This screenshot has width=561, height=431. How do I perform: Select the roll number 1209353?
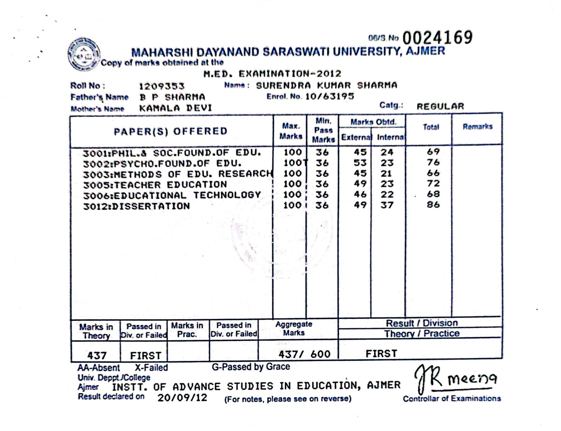point(162,86)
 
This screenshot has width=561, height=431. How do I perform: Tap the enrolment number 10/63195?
point(330,97)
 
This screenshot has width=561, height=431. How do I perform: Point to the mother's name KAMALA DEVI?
point(176,108)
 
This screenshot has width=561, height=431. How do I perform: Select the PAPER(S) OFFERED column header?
point(171,131)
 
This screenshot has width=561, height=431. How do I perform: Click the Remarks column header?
point(477,126)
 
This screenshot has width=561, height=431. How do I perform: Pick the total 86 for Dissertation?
point(433,205)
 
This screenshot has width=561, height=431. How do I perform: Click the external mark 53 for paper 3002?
point(360,163)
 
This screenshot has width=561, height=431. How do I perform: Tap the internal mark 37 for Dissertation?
point(387,205)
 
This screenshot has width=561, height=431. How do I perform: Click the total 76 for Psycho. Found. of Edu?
point(433,162)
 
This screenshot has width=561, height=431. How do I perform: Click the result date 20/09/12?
point(182,398)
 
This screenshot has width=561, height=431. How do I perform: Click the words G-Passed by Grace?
point(251,367)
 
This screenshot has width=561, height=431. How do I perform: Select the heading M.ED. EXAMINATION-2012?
point(272,74)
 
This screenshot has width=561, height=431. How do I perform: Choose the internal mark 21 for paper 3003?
point(386,173)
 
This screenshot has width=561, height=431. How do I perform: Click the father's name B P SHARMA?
point(172,97)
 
